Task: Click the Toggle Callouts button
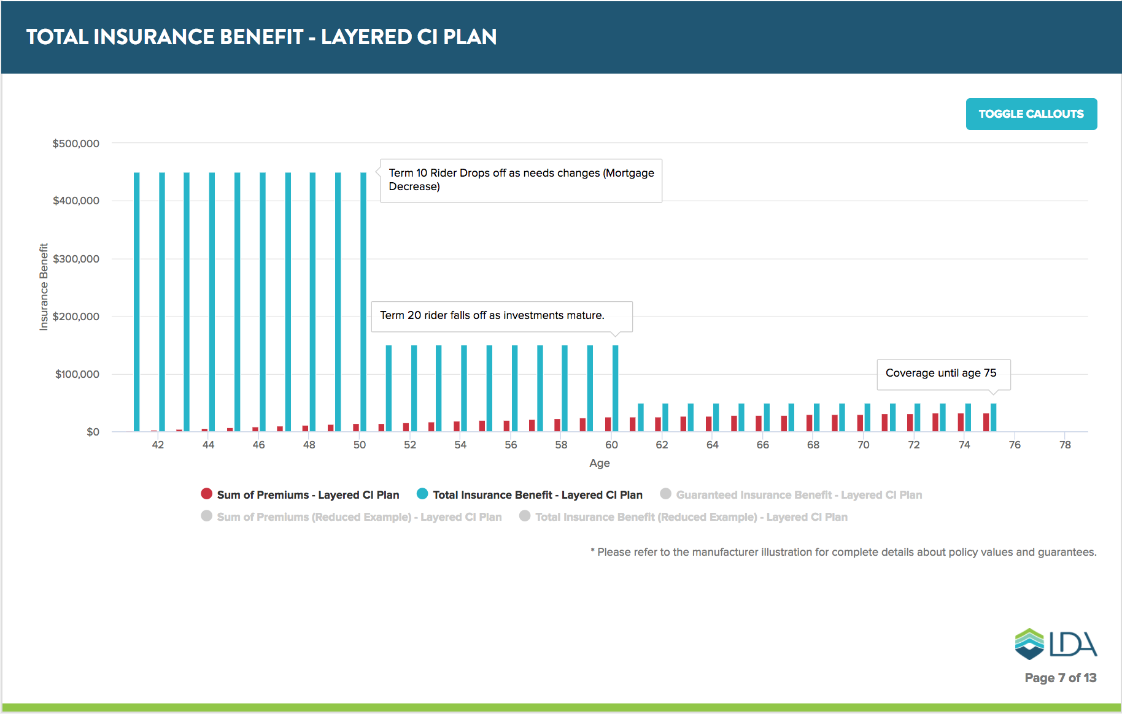click(1031, 114)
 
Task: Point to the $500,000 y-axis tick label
click(76, 144)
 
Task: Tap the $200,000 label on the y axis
click(76, 317)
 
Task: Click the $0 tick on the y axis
click(93, 432)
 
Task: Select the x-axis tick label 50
click(360, 445)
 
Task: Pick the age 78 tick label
click(1065, 445)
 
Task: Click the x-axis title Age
click(599, 463)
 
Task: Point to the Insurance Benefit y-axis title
click(44, 287)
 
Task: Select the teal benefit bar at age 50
click(363, 301)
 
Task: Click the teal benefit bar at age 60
click(615, 388)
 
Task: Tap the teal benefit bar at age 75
click(993, 417)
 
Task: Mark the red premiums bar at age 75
click(986, 422)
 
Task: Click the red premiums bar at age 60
click(608, 424)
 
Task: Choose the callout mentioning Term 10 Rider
click(521, 180)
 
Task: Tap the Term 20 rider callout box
click(501, 316)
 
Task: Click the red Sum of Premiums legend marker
click(207, 494)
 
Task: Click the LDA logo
click(1056, 643)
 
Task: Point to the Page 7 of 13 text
click(1060, 678)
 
